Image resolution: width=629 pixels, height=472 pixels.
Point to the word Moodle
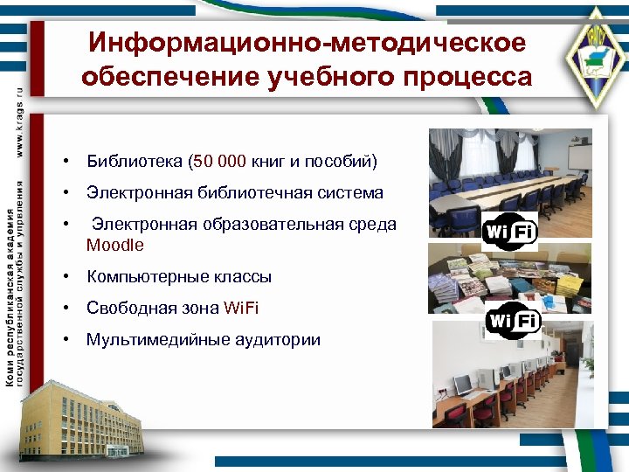114,245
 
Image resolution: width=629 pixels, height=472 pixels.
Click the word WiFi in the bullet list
241,309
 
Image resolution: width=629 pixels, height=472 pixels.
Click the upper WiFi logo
510,232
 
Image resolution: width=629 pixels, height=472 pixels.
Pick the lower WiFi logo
513,321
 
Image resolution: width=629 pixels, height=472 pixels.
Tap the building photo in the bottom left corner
84,420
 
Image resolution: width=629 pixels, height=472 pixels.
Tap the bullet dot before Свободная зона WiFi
66,309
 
